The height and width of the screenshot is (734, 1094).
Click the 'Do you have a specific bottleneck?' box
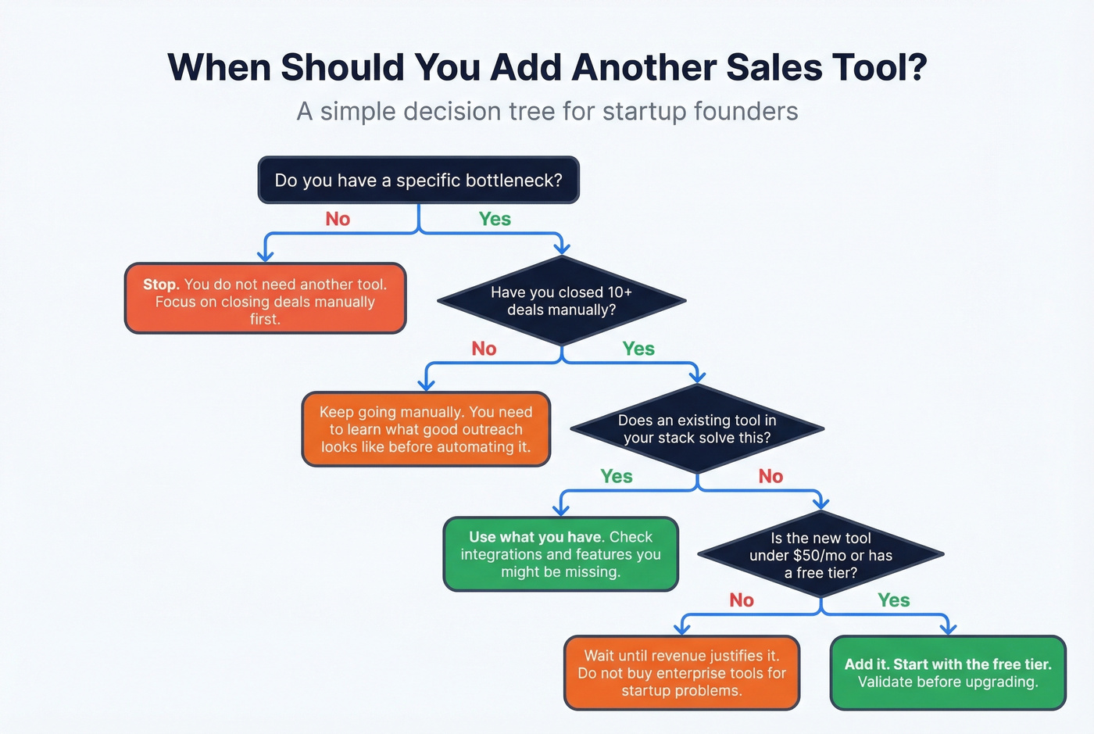(418, 181)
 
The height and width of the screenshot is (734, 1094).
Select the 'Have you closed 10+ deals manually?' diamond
(561, 301)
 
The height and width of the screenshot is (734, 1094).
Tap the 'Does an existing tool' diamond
(697, 429)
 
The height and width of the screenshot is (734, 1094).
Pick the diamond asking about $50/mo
(820, 555)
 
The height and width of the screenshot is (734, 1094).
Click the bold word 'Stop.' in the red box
(161, 285)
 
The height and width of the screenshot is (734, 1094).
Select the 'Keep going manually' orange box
(426, 429)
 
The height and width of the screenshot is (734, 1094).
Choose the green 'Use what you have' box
(560, 554)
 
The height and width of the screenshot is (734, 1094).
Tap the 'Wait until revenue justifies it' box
(681, 673)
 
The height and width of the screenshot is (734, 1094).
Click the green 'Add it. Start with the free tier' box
(948, 673)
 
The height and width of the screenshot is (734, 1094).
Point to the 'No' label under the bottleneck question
(338, 219)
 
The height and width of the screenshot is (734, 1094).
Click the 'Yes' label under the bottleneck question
(495, 219)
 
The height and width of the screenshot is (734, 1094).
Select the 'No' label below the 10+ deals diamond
(484, 349)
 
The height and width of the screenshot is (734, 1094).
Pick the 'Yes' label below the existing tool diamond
(616, 476)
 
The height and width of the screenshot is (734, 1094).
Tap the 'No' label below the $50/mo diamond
(742, 600)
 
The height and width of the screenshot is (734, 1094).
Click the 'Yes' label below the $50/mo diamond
(893, 600)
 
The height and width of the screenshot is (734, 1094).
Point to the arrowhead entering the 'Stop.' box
(266, 256)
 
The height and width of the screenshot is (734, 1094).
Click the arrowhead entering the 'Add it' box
(948, 628)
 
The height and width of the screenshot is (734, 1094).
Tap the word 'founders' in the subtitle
(745, 112)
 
